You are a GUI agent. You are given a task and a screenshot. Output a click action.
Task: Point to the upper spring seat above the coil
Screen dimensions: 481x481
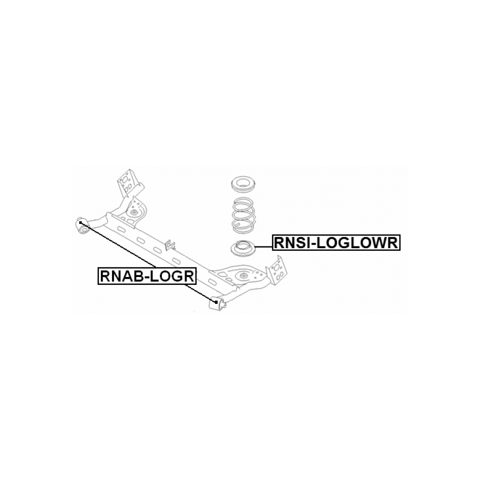243,185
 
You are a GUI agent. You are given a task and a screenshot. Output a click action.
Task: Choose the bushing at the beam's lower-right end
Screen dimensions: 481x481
217,303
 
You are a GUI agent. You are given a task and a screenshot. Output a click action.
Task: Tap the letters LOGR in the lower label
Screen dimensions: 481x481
172,275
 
